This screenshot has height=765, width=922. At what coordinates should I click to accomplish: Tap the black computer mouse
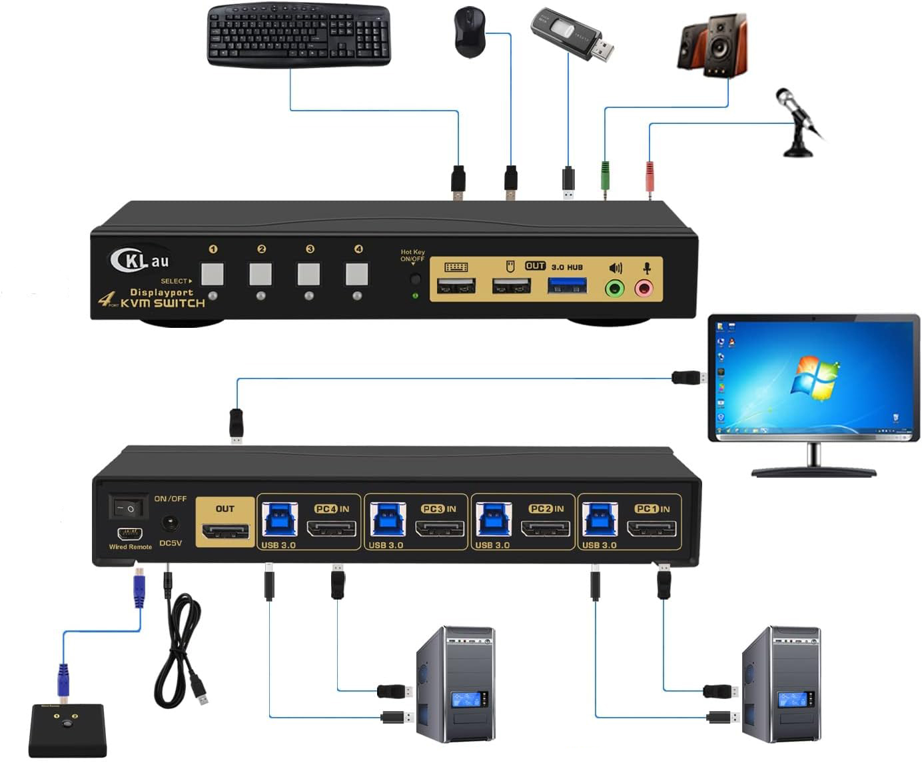point(470,31)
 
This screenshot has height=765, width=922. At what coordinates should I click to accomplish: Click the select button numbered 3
point(309,274)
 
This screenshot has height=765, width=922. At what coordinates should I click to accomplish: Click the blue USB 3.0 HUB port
point(568,287)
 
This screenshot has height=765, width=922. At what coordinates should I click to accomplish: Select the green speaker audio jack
point(614,288)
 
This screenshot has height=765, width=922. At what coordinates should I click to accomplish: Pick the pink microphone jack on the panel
point(644,288)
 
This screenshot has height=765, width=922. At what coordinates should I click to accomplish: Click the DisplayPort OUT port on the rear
point(225,532)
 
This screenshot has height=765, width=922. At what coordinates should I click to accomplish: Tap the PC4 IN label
point(332,508)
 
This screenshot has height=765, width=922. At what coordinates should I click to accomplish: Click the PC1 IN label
point(652,508)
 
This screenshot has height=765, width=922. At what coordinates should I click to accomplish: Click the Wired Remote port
point(130,534)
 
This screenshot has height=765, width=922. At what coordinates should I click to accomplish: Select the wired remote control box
point(67,730)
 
